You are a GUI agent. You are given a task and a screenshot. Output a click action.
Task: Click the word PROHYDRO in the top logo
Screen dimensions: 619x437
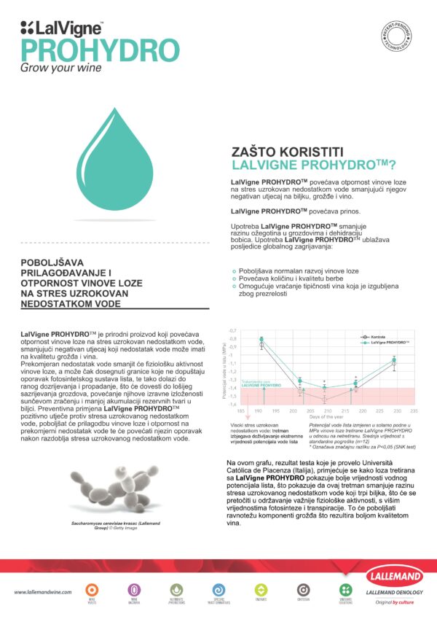98,50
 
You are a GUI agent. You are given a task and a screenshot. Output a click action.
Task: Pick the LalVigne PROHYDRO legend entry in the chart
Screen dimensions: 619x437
389,342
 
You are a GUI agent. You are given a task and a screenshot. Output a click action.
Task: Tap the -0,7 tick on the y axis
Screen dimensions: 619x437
234,331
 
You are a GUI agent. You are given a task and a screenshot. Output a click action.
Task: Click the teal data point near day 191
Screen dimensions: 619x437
262,339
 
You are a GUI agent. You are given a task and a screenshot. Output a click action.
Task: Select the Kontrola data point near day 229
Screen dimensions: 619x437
393,363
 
